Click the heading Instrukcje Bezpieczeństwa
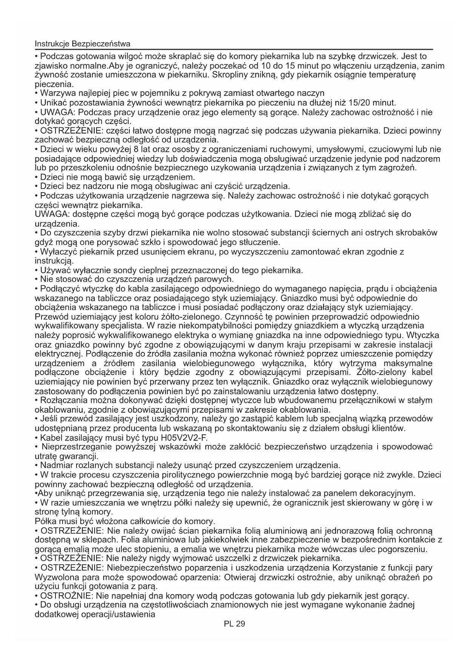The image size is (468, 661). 83,43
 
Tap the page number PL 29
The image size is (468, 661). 234,624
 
